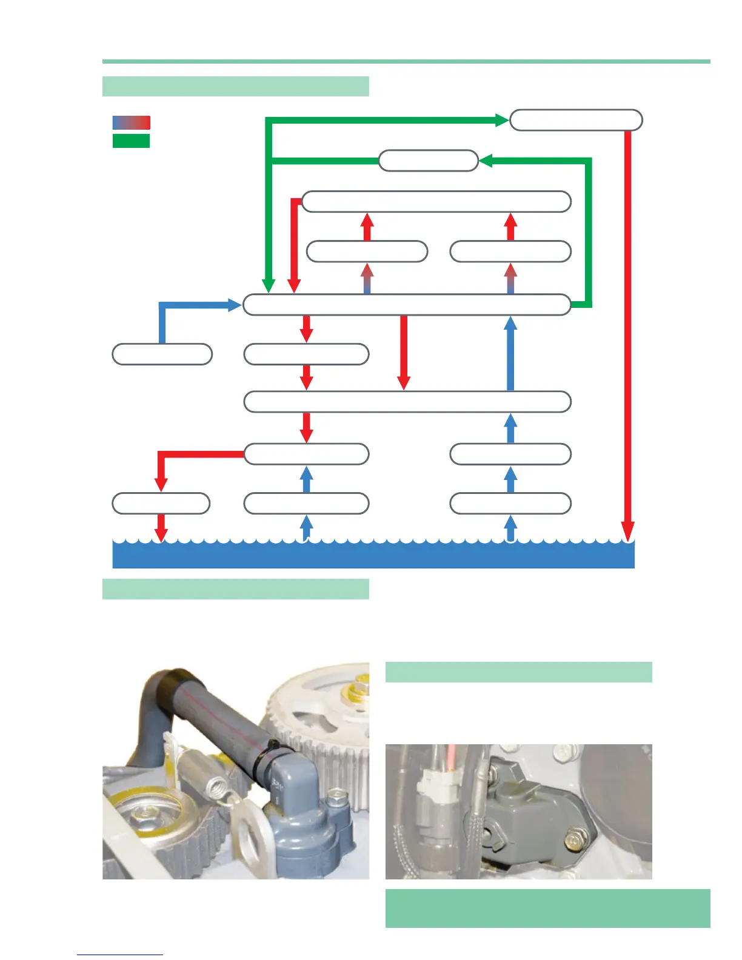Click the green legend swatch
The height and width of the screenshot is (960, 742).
click(x=131, y=141)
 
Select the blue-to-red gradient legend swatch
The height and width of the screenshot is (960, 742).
click(x=131, y=122)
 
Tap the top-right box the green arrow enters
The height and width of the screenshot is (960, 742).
click(x=575, y=120)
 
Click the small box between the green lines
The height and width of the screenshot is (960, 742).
click(x=428, y=161)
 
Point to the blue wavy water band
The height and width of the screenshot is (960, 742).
click(x=373, y=555)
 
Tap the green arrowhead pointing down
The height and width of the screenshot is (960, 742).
click(x=269, y=285)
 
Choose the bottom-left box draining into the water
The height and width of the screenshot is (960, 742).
click(x=161, y=504)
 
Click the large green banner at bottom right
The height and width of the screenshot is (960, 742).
click(x=547, y=908)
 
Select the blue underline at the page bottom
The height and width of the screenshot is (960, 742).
click(x=120, y=955)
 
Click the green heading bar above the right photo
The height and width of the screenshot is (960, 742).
click(x=518, y=672)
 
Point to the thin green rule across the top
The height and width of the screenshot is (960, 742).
click(x=406, y=61)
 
